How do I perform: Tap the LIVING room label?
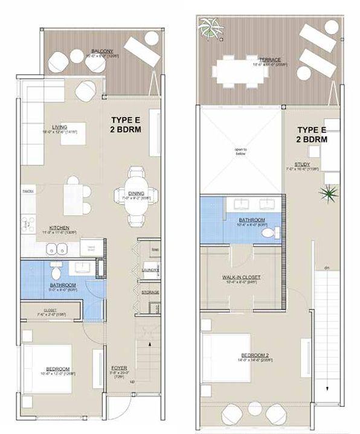pyautogui.click(x=59, y=127)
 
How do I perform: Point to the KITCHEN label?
pyautogui.click(x=59, y=227)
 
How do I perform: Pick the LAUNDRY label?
pyautogui.click(x=149, y=270)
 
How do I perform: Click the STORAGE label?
pyautogui.click(x=150, y=293)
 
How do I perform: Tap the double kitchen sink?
pyautogui.click(x=57, y=247)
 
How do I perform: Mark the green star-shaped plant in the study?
pyautogui.click(x=328, y=194)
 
